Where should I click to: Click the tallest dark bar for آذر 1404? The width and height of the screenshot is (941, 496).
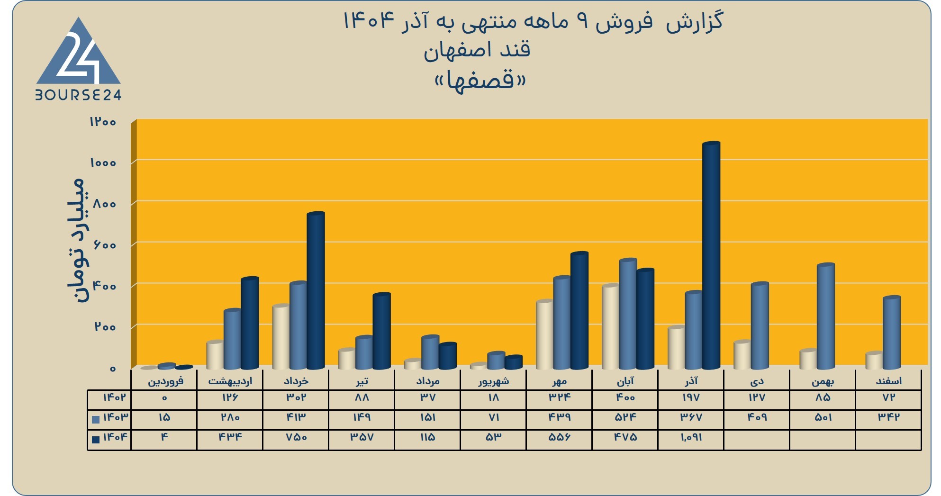coord(711,255)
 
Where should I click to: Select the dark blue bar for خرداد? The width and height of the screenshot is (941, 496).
coord(316,290)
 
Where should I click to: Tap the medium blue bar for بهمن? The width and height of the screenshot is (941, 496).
coord(826,316)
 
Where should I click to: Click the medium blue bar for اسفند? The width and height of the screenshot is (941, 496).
coord(892,333)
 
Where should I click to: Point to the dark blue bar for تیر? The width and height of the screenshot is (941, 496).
coord(382,331)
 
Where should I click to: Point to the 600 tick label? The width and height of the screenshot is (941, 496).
coord(105,245)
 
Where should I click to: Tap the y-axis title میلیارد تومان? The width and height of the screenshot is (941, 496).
coord(76,241)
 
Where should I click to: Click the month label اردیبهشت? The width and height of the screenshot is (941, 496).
coord(230,381)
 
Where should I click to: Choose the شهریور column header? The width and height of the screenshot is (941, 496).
coord(493,381)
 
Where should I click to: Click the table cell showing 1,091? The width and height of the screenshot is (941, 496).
coord(691,437)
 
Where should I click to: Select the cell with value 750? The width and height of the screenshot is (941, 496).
coord(296,437)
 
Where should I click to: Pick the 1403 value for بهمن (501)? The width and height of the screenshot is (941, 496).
coord(823,417)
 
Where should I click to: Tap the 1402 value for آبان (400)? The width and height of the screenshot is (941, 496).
coord(625,397)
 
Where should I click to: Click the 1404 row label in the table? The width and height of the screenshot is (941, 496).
coord(115,437)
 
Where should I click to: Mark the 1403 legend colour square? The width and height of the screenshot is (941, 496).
coord(96,419)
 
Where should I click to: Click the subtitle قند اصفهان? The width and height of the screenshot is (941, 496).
coord(477,50)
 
